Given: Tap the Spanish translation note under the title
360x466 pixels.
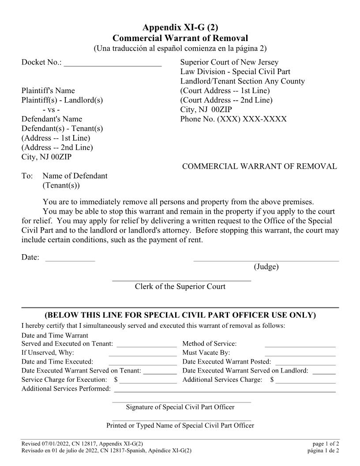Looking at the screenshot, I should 180,48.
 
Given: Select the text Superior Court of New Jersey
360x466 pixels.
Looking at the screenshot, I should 229,62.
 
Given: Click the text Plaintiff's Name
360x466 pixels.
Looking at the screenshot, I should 48,91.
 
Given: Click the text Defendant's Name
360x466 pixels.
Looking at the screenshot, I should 52,119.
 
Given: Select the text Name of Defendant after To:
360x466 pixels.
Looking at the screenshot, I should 75,176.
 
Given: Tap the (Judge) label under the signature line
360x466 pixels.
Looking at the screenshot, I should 266,267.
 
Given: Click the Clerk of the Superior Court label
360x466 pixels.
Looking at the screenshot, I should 180,286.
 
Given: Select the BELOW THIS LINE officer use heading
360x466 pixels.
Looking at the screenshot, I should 180,315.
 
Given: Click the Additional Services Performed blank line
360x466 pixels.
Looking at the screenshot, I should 225,390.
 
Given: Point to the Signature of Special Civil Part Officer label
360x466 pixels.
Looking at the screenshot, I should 180,407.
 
